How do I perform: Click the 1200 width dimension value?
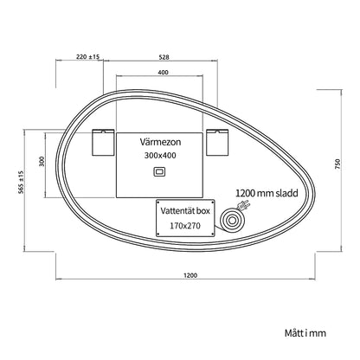coord(190,275)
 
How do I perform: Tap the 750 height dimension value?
coord(338,164)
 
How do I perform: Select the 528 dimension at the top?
coord(164,57)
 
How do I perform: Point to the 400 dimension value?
coord(163,73)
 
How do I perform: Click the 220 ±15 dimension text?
coord(87,57)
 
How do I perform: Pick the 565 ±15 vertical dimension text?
coord(21,183)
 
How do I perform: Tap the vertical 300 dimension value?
coord(42,161)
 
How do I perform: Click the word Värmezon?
coord(161,142)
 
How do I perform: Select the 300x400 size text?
coord(160,156)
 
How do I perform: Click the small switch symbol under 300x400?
coord(159,171)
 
